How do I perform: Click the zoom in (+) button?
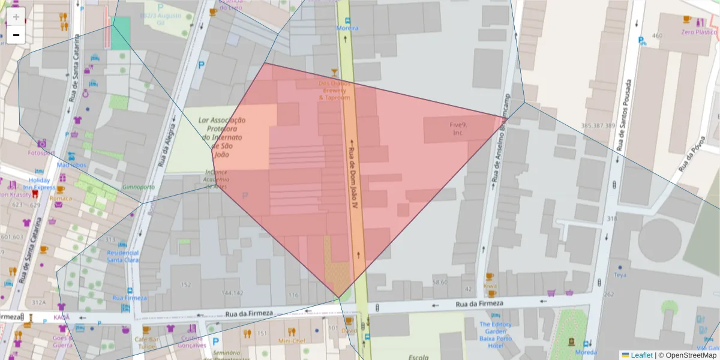click(x=16, y=17)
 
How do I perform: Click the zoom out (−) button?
click(x=16, y=35)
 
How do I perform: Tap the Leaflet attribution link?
click(x=641, y=355)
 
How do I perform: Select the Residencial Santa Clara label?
click(x=122, y=256)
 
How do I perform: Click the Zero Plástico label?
click(x=699, y=32)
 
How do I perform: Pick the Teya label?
click(x=620, y=275)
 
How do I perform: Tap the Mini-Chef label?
click(x=292, y=341)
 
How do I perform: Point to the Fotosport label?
click(x=41, y=152)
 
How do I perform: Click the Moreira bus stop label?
click(x=347, y=28)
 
